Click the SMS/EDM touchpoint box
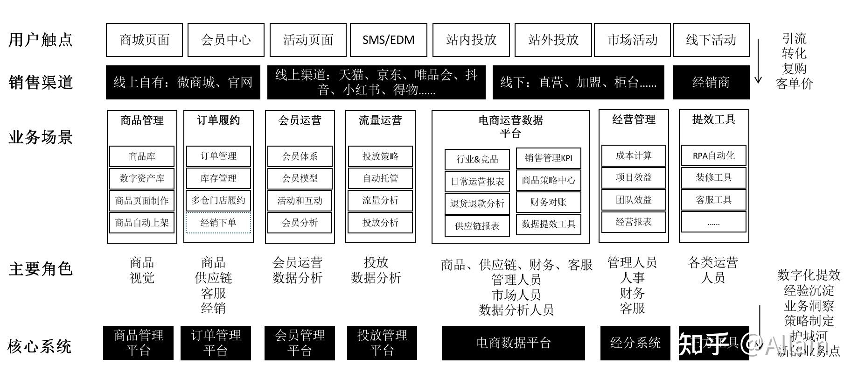(388, 40)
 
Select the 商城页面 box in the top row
(144, 40)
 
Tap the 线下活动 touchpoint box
(711, 40)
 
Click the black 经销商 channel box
(711, 83)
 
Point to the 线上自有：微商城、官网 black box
(183, 83)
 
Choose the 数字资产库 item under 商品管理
(142, 178)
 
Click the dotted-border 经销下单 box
(218, 223)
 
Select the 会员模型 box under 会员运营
(300, 178)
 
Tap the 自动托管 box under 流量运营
(380, 178)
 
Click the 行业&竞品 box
(477, 159)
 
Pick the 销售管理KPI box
(548, 158)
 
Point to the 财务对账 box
(548, 202)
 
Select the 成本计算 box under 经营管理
(634, 155)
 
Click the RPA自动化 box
(713, 155)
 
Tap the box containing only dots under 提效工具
(713, 222)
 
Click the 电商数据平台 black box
(513, 343)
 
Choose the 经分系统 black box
(635, 343)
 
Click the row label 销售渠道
(41, 83)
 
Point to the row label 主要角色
(41, 269)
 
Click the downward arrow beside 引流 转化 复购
(758, 61)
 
